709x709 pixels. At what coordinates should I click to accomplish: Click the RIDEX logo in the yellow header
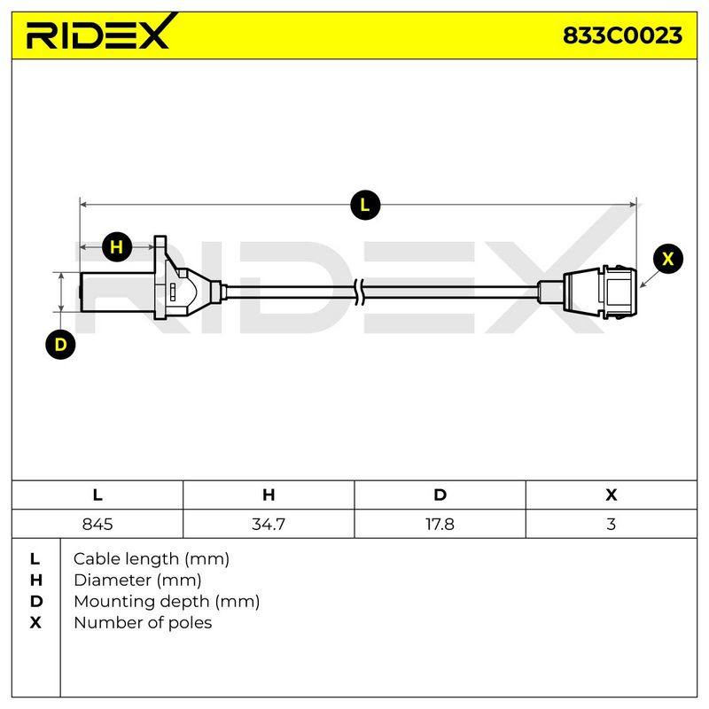click(102, 32)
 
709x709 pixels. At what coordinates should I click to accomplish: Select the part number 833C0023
click(622, 35)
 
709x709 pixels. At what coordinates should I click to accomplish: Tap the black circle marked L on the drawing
click(365, 206)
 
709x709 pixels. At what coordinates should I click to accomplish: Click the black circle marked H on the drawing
click(117, 247)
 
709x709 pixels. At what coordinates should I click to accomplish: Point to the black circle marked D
click(60, 345)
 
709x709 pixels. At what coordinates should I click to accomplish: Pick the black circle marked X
click(667, 259)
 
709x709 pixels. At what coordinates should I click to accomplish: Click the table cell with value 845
click(97, 524)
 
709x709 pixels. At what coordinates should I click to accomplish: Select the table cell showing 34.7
click(269, 524)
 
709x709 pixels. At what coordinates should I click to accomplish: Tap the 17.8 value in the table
click(440, 524)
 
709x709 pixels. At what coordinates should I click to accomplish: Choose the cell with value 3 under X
click(612, 524)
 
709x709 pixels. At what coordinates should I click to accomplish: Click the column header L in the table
click(97, 495)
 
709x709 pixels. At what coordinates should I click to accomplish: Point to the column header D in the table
click(440, 495)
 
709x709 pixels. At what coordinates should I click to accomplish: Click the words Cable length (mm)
click(152, 559)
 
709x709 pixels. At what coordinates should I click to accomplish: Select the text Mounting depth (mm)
click(167, 602)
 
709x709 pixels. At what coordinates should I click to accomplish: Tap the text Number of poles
click(143, 623)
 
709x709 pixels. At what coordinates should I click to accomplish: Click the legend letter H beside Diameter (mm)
click(35, 580)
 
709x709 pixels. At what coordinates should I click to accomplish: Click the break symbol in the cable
click(361, 292)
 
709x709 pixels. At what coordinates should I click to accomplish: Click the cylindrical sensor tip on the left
click(117, 292)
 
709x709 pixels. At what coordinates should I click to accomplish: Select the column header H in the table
click(269, 495)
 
